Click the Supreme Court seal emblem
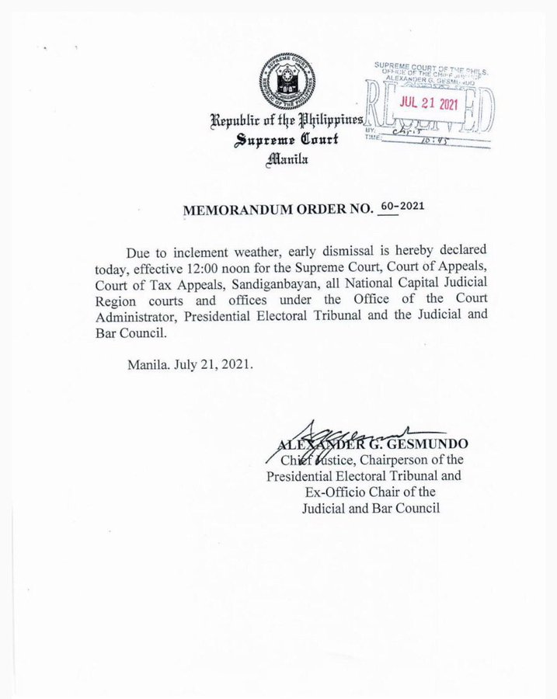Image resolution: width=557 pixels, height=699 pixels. pyautogui.click(x=287, y=82)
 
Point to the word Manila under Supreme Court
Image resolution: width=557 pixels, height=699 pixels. pyautogui.click(x=287, y=159)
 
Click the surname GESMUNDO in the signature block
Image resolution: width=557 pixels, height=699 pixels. pyautogui.click(x=431, y=443)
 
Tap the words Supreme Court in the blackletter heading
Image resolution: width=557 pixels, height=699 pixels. pyautogui.click(x=286, y=141)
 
